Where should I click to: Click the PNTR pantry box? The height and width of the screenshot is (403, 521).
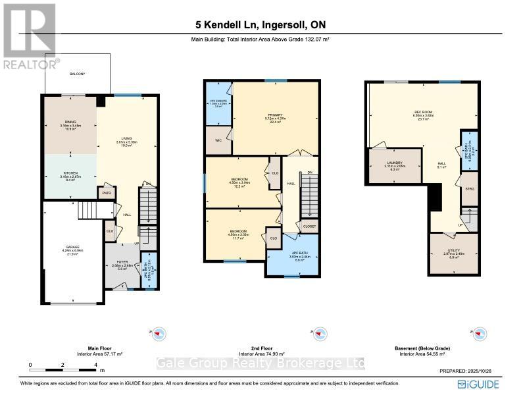(105, 194)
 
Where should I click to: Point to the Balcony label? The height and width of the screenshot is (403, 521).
(78, 74)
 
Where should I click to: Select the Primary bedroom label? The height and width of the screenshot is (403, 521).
(273, 117)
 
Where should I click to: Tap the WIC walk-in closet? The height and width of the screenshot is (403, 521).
(218, 140)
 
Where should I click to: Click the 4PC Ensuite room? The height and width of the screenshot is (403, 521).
(218, 103)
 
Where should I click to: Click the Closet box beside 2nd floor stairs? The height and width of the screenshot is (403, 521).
(309, 226)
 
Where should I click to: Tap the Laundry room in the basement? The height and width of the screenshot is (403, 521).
(395, 164)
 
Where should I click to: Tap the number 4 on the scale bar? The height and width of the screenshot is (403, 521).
(96, 363)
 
